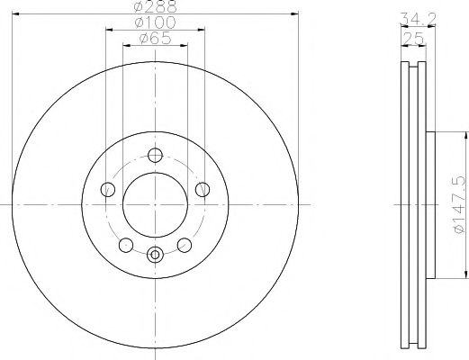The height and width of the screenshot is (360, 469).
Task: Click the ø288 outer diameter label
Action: [x=156, y=6]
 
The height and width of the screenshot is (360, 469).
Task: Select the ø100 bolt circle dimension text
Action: [x=156, y=23]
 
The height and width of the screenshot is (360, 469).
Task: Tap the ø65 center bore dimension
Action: [x=156, y=39]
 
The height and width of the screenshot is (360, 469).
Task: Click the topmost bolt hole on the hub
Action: [x=155, y=154]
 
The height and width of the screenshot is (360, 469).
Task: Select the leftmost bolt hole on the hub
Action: [x=108, y=188]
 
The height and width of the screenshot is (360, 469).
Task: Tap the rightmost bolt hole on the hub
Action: [x=203, y=188]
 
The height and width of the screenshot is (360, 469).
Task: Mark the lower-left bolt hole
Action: [x=126, y=243]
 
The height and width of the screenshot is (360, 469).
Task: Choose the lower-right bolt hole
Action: [x=185, y=243]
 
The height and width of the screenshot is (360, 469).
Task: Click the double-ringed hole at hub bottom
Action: [x=155, y=255]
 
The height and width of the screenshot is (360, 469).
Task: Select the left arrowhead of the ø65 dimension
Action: [x=125, y=47]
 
